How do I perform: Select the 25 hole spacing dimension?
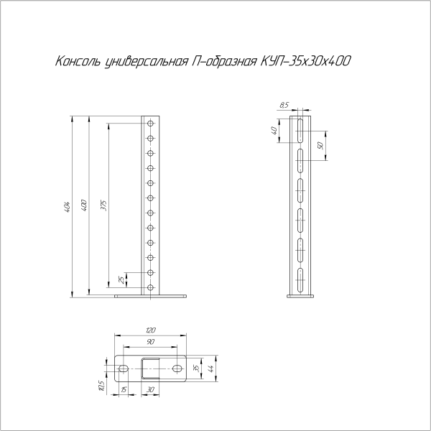[121, 279]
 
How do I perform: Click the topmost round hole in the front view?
[152, 124]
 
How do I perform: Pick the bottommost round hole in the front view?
[152, 287]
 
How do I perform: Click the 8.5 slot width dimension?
[285, 106]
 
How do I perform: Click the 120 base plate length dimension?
[149, 330]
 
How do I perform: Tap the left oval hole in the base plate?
[124, 368]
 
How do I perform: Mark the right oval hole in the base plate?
[177, 368]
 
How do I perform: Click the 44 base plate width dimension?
[210, 368]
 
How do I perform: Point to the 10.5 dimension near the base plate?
[103, 386]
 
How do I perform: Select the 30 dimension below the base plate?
[149, 389]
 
